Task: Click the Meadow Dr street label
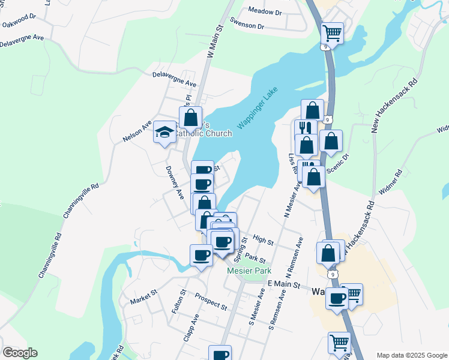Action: (x=265, y=11)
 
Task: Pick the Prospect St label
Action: (x=211, y=302)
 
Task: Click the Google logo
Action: (x=20, y=353)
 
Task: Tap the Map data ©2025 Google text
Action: (x=411, y=355)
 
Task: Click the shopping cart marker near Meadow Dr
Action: (x=332, y=33)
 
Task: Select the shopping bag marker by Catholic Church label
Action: (x=190, y=118)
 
